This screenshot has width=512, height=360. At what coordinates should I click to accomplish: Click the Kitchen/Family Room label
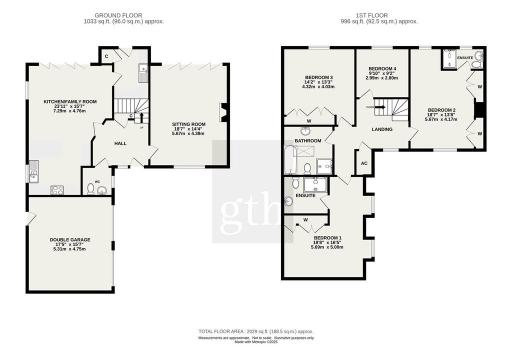70,101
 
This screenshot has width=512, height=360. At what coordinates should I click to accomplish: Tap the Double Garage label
70,240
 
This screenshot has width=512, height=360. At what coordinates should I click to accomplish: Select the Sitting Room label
188,124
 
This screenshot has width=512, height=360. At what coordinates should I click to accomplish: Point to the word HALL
120,143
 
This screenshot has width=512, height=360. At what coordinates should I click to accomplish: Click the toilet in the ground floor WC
91,189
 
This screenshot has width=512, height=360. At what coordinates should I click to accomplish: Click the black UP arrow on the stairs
141,117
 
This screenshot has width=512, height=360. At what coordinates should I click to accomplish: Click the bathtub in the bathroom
290,160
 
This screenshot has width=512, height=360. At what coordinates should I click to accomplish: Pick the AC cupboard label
364,163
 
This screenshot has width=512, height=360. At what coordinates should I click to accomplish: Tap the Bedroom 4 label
382,68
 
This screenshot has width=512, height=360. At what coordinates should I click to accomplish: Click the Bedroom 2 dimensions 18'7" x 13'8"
441,114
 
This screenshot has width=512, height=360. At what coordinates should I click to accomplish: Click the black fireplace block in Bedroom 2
478,109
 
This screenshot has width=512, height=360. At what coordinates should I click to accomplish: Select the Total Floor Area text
256,331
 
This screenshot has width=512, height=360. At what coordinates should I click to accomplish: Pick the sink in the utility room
143,73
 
